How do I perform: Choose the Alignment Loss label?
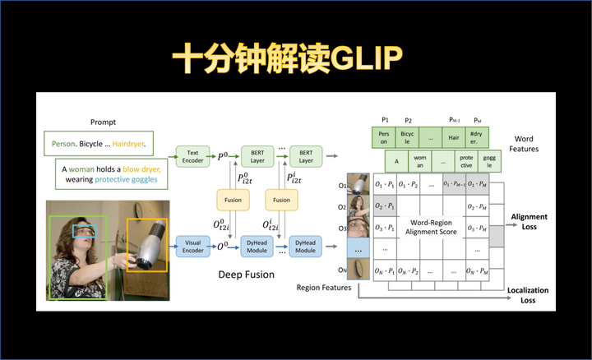pyautogui.click(x=529, y=221)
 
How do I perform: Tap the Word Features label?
pyautogui.click(x=525, y=144)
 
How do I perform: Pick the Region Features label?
pyautogui.click(x=324, y=288)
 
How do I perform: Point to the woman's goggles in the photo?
pyautogui.click(x=84, y=232)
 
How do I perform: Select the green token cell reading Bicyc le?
pyautogui.click(x=408, y=135)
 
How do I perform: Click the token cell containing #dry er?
pyautogui.click(x=475, y=135)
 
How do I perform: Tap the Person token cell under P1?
pyautogui.click(x=384, y=135)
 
